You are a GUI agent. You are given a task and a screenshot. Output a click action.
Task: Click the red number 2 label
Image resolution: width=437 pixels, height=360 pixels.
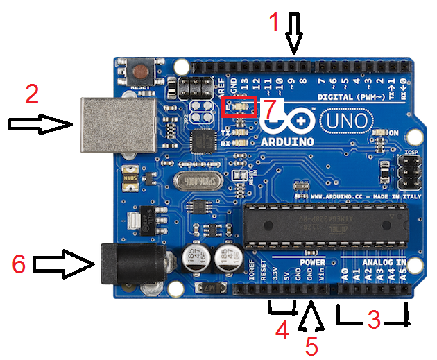(32, 94)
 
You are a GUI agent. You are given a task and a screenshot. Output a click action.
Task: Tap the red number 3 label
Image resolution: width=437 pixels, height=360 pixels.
(374, 320)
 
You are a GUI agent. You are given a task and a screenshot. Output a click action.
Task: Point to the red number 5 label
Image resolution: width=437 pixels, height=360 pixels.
(311, 345)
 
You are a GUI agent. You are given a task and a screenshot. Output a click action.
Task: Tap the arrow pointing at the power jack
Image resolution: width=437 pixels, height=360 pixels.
(63, 264)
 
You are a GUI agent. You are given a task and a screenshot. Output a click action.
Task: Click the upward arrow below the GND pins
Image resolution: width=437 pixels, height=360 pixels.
(311, 317)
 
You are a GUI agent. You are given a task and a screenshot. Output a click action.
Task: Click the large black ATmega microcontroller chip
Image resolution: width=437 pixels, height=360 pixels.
(323, 226)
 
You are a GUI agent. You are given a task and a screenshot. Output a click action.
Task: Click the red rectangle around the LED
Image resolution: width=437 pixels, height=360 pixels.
(239, 107)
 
